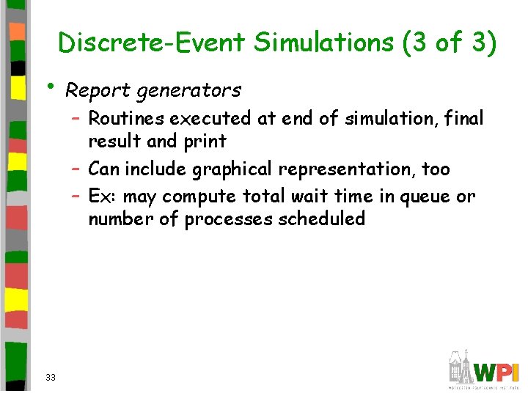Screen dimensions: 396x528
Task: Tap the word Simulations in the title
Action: [x=323, y=43]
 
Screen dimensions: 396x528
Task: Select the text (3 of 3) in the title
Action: [x=450, y=43]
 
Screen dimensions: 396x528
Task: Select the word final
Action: [x=464, y=118]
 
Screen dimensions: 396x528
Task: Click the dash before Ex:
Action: [x=76, y=197]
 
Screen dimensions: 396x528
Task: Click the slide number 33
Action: [x=51, y=377]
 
